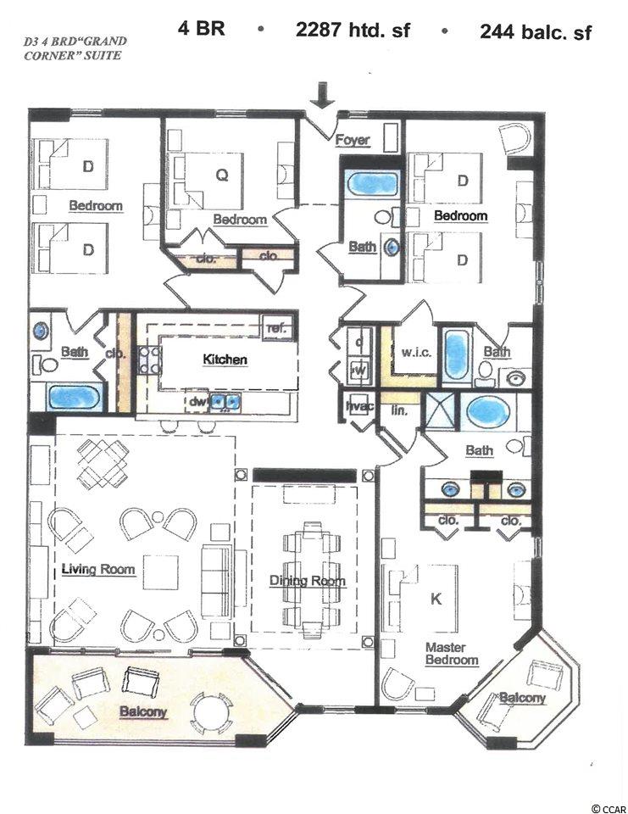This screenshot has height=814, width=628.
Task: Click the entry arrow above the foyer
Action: point(323,95)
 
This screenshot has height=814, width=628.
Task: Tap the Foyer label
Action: point(353,140)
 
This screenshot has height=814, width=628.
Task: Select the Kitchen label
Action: point(225,360)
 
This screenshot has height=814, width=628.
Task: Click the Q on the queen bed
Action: point(221,176)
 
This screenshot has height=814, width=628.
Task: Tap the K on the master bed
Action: point(436,599)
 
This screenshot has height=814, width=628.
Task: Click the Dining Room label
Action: point(308,580)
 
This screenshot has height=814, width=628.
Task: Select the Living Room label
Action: point(98,569)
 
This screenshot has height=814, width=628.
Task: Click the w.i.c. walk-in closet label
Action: point(416,353)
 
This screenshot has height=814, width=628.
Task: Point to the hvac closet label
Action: point(359,406)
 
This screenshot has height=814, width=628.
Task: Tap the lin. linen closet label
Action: point(399,410)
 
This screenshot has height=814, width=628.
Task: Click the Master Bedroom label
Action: point(452,654)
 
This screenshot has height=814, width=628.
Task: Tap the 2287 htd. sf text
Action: point(353,31)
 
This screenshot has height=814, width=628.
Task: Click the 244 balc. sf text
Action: point(535,32)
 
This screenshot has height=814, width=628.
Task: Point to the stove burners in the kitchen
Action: point(149,360)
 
